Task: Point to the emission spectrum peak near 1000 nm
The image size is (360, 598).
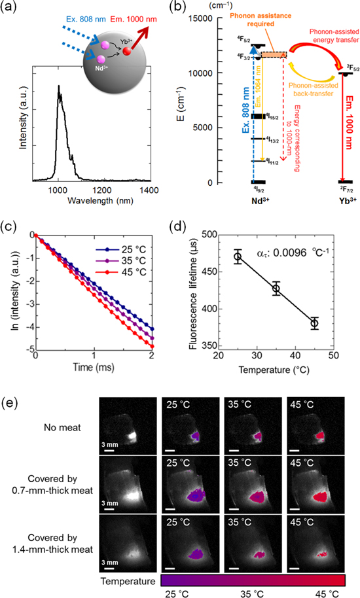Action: (58, 87)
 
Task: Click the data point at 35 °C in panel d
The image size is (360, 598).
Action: (276, 289)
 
